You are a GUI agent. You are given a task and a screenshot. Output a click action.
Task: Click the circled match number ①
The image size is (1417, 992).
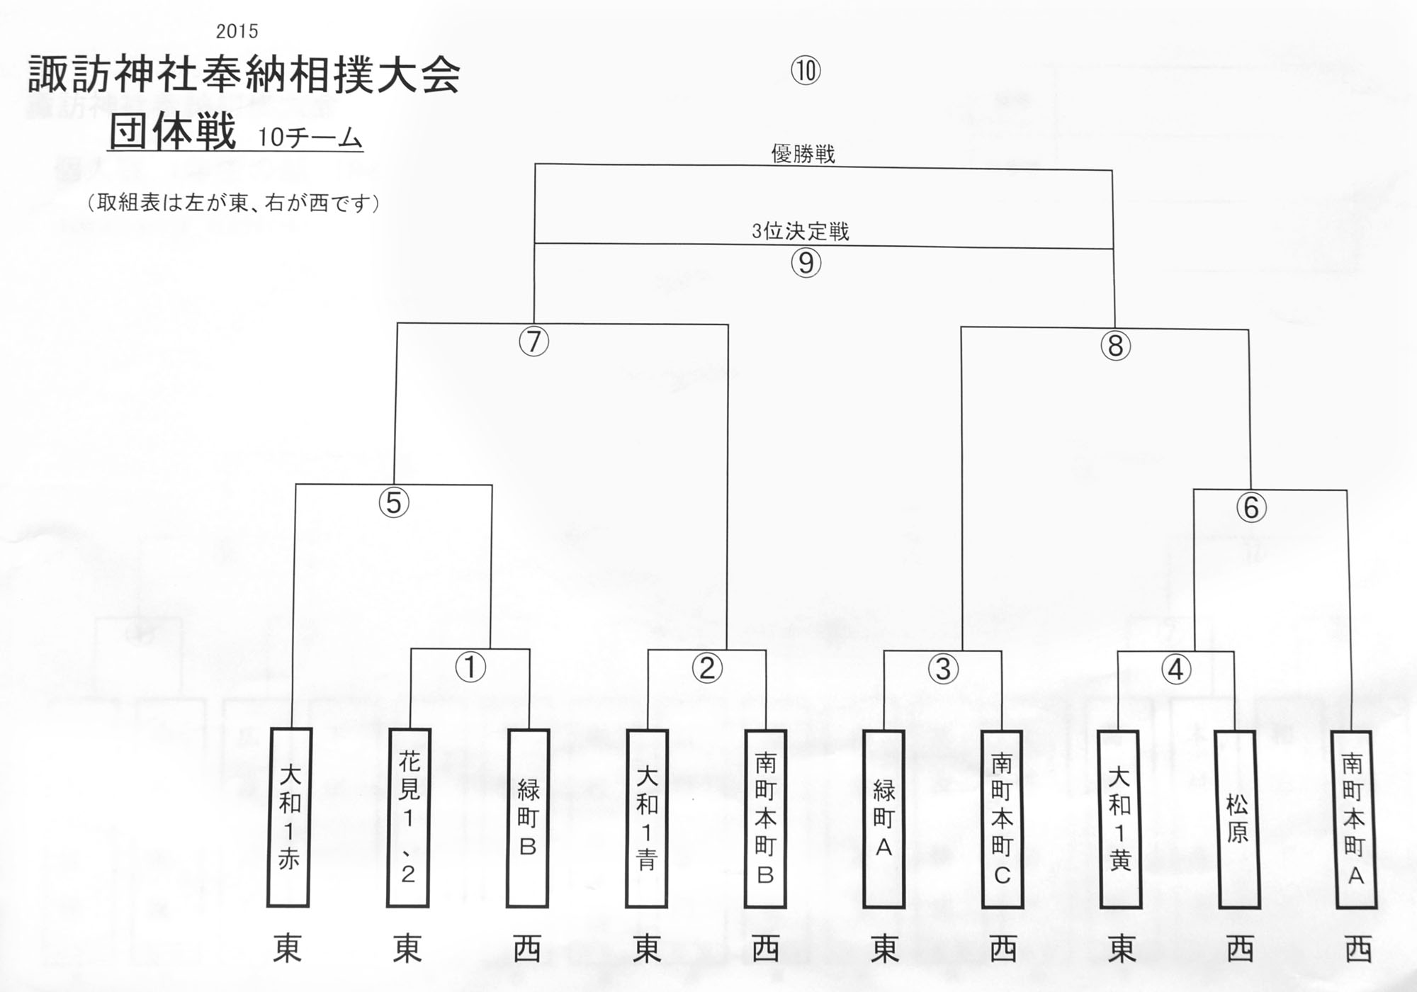(470, 667)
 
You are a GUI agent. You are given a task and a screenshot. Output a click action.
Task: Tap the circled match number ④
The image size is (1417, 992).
(1177, 669)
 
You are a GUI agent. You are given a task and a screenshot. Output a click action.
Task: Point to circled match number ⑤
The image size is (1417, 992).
(395, 502)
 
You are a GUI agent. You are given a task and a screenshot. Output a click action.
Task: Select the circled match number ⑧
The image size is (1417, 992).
(1116, 345)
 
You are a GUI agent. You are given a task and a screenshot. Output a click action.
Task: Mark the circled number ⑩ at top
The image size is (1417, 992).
(806, 70)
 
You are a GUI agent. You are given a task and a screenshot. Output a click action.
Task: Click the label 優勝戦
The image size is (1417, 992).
(803, 154)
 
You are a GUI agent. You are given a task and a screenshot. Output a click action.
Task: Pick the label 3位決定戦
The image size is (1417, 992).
(801, 231)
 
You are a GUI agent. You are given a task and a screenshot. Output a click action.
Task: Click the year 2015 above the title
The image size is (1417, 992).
(237, 31)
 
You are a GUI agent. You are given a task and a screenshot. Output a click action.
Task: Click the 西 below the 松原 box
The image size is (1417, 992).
(1240, 949)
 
